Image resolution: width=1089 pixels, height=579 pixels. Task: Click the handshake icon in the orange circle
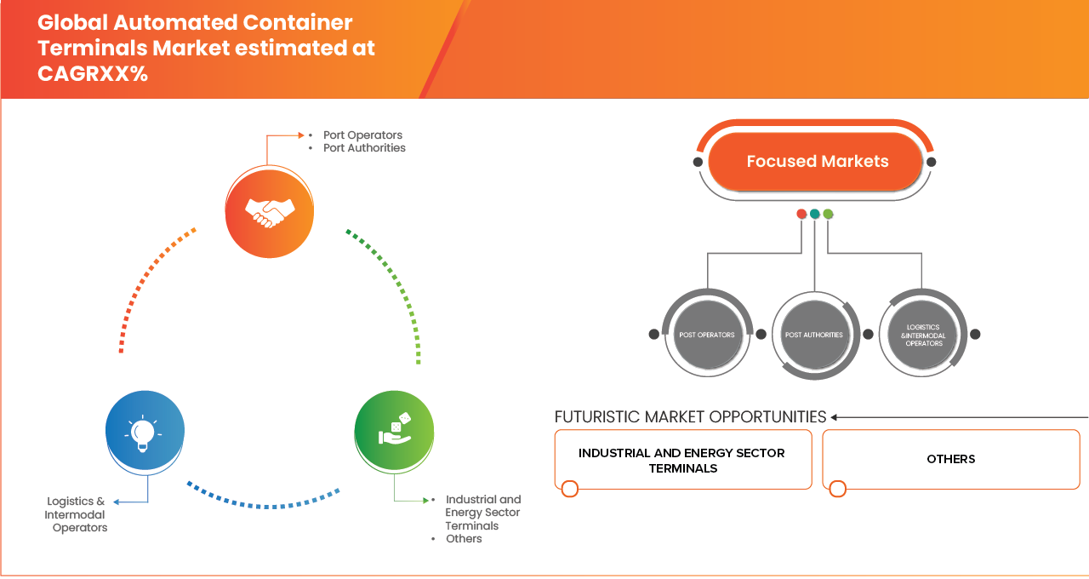click(270, 210)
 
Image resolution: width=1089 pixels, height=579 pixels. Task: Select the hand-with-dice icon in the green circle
click(395, 431)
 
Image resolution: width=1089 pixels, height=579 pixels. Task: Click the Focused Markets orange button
click(817, 161)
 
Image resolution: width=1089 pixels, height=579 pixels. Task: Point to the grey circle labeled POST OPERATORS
click(706, 335)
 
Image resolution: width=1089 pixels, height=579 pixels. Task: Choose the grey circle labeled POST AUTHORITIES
click(814, 335)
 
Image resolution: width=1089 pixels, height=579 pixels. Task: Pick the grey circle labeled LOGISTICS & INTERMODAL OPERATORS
click(923, 335)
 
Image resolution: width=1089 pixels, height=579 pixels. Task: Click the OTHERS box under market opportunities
click(950, 459)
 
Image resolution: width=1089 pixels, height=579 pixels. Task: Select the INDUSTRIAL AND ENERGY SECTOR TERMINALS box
click(682, 460)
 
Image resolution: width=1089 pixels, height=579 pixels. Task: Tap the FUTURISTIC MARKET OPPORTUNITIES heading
click(690, 416)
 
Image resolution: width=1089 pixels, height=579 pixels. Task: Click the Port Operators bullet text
click(362, 135)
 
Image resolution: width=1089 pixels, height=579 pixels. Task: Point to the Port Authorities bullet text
click(364, 148)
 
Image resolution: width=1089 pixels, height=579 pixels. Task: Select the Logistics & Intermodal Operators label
click(77, 514)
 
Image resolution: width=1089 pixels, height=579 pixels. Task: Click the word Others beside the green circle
click(464, 539)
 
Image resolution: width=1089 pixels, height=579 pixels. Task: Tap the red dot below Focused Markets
click(801, 214)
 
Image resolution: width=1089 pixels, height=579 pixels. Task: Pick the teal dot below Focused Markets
click(815, 214)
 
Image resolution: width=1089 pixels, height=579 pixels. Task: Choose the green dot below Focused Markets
click(828, 214)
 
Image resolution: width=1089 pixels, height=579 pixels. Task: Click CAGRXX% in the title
click(93, 74)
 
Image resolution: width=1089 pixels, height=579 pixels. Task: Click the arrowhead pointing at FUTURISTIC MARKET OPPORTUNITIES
click(835, 417)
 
